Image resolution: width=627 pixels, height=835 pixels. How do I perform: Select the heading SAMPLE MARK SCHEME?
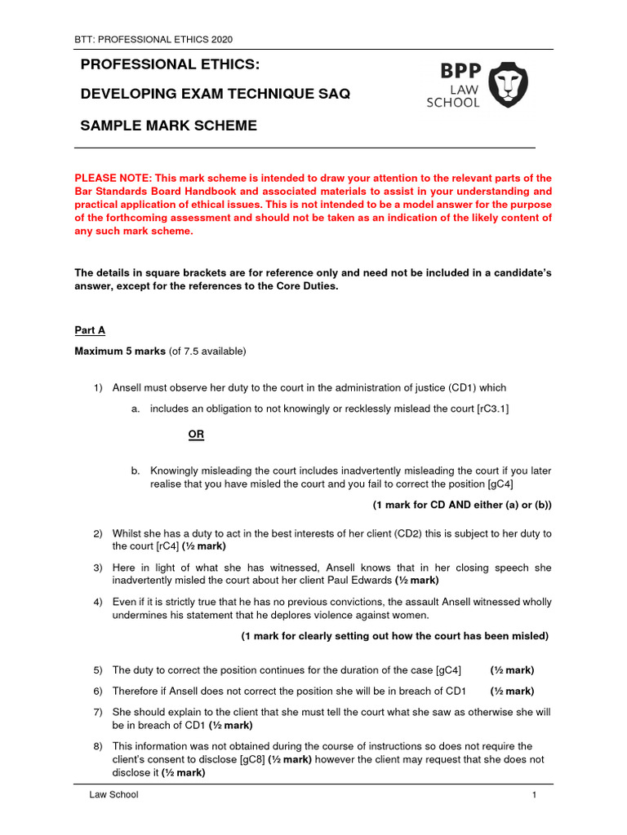(x=168, y=126)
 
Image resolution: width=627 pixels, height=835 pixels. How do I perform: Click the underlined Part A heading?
(x=90, y=330)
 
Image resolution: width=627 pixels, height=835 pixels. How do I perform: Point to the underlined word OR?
(x=196, y=435)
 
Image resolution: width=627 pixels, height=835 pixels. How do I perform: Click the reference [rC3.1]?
(x=488, y=409)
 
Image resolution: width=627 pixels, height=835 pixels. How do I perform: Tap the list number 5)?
(x=98, y=670)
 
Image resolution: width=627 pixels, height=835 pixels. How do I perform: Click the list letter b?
(x=135, y=471)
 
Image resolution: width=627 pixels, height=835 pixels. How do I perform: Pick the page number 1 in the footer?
(x=534, y=795)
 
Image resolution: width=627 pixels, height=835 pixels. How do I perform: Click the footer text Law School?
(x=114, y=795)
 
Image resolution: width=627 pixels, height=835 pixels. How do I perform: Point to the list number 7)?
(x=98, y=712)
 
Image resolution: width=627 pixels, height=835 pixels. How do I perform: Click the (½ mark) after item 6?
(x=512, y=691)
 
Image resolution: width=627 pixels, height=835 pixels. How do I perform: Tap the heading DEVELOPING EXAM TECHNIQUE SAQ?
(x=216, y=94)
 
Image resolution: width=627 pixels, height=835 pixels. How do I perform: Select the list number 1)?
(x=98, y=387)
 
